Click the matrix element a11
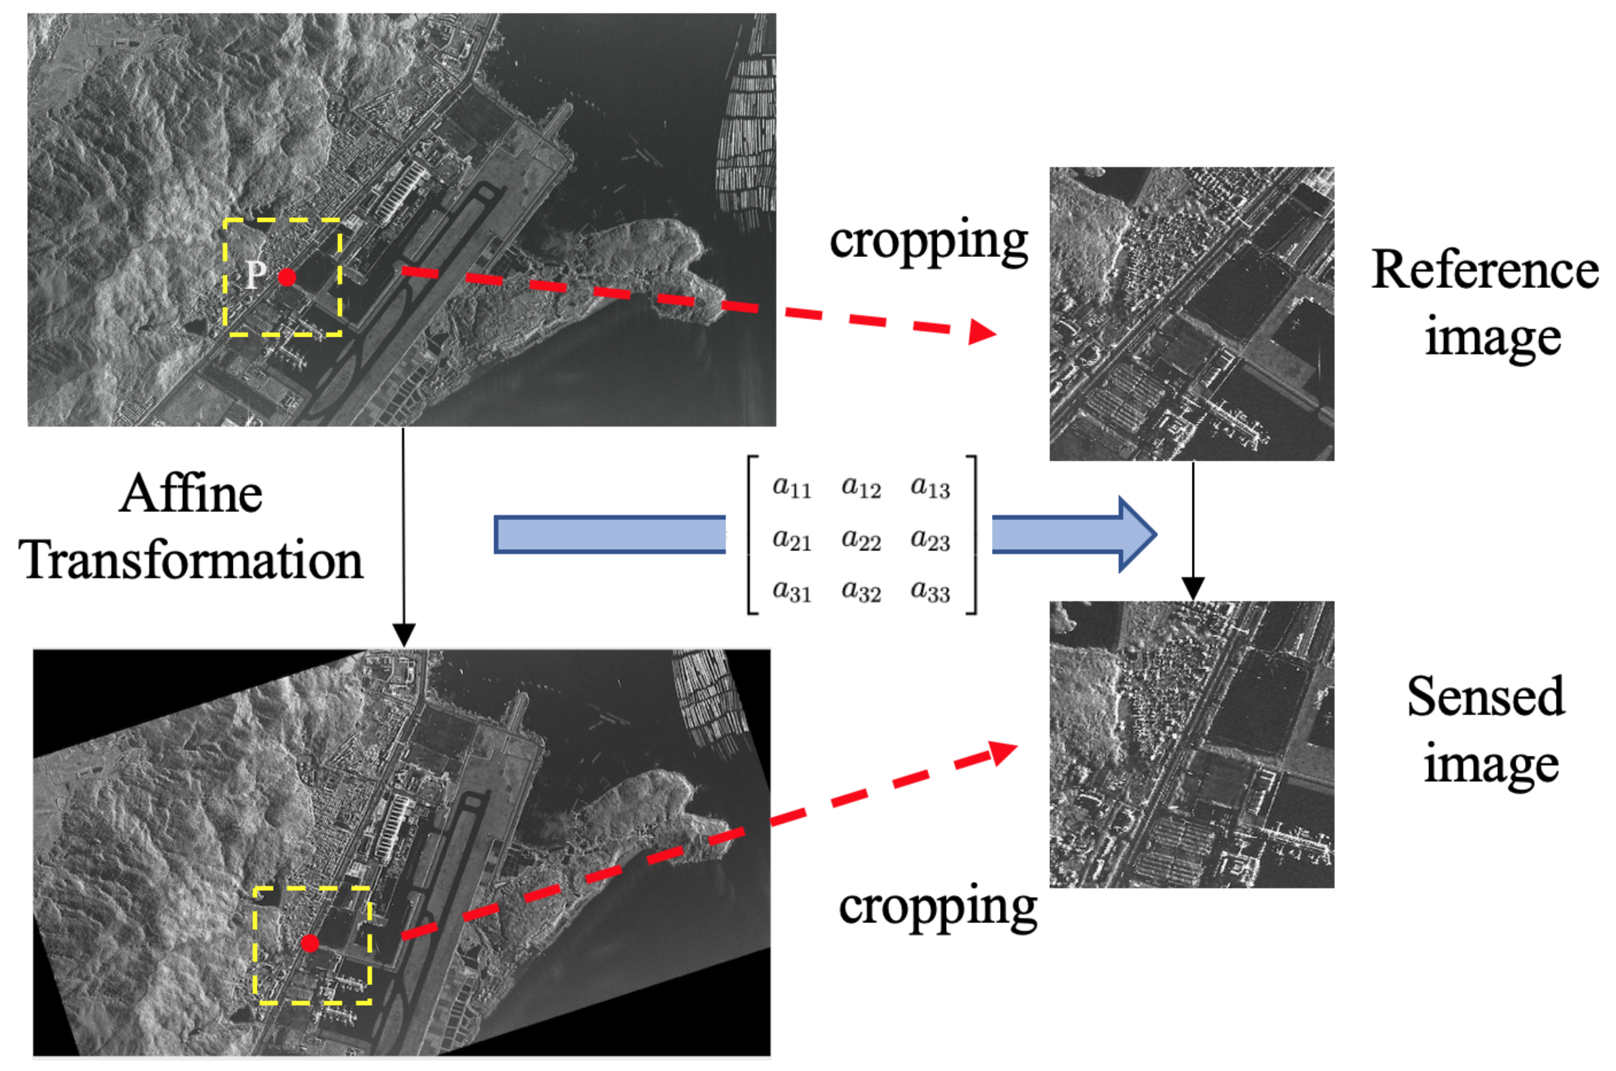point(792,487)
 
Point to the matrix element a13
point(929,487)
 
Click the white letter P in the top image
point(256,275)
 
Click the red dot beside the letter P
point(287,277)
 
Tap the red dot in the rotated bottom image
point(310,943)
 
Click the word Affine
point(191,494)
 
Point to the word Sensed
point(1485,697)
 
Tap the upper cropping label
point(928,241)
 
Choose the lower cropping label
point(938,907)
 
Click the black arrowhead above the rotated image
point(404,635)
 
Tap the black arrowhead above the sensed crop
point(1192,588)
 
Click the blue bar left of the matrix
point(609,535)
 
